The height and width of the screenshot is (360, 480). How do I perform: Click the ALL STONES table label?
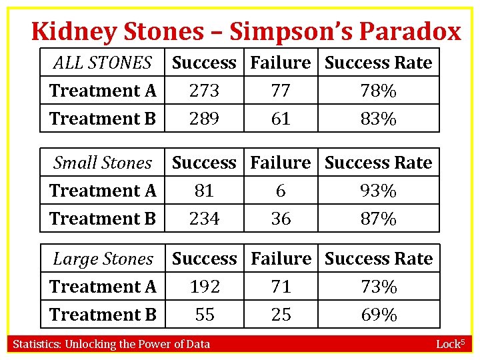click(102, 63)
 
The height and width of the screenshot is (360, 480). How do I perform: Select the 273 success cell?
click(204, 91)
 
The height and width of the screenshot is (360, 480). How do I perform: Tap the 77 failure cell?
click(281, 91)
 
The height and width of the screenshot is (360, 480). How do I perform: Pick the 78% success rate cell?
click(378, 91)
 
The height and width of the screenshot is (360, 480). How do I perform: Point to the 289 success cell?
click(204, 119)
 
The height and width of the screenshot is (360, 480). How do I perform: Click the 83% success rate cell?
click(378, 119)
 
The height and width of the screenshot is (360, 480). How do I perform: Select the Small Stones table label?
click(102, 163)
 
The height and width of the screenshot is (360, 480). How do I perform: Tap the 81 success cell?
click(204, 191)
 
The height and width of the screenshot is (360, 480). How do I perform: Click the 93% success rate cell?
click(378, 191)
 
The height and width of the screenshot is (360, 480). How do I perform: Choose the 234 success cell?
click(204, 219)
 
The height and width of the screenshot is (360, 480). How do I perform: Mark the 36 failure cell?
click(281, 219)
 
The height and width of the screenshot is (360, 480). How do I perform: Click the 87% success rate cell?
click(378, 219)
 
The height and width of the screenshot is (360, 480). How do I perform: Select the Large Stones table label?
click(103, 259)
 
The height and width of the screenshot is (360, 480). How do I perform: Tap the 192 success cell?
click(204, 287)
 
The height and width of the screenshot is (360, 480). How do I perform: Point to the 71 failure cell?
click(281, 287)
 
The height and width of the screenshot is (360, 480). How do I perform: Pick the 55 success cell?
click(204, 315)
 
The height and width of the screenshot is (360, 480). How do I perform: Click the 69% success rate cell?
click(378, 315)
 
